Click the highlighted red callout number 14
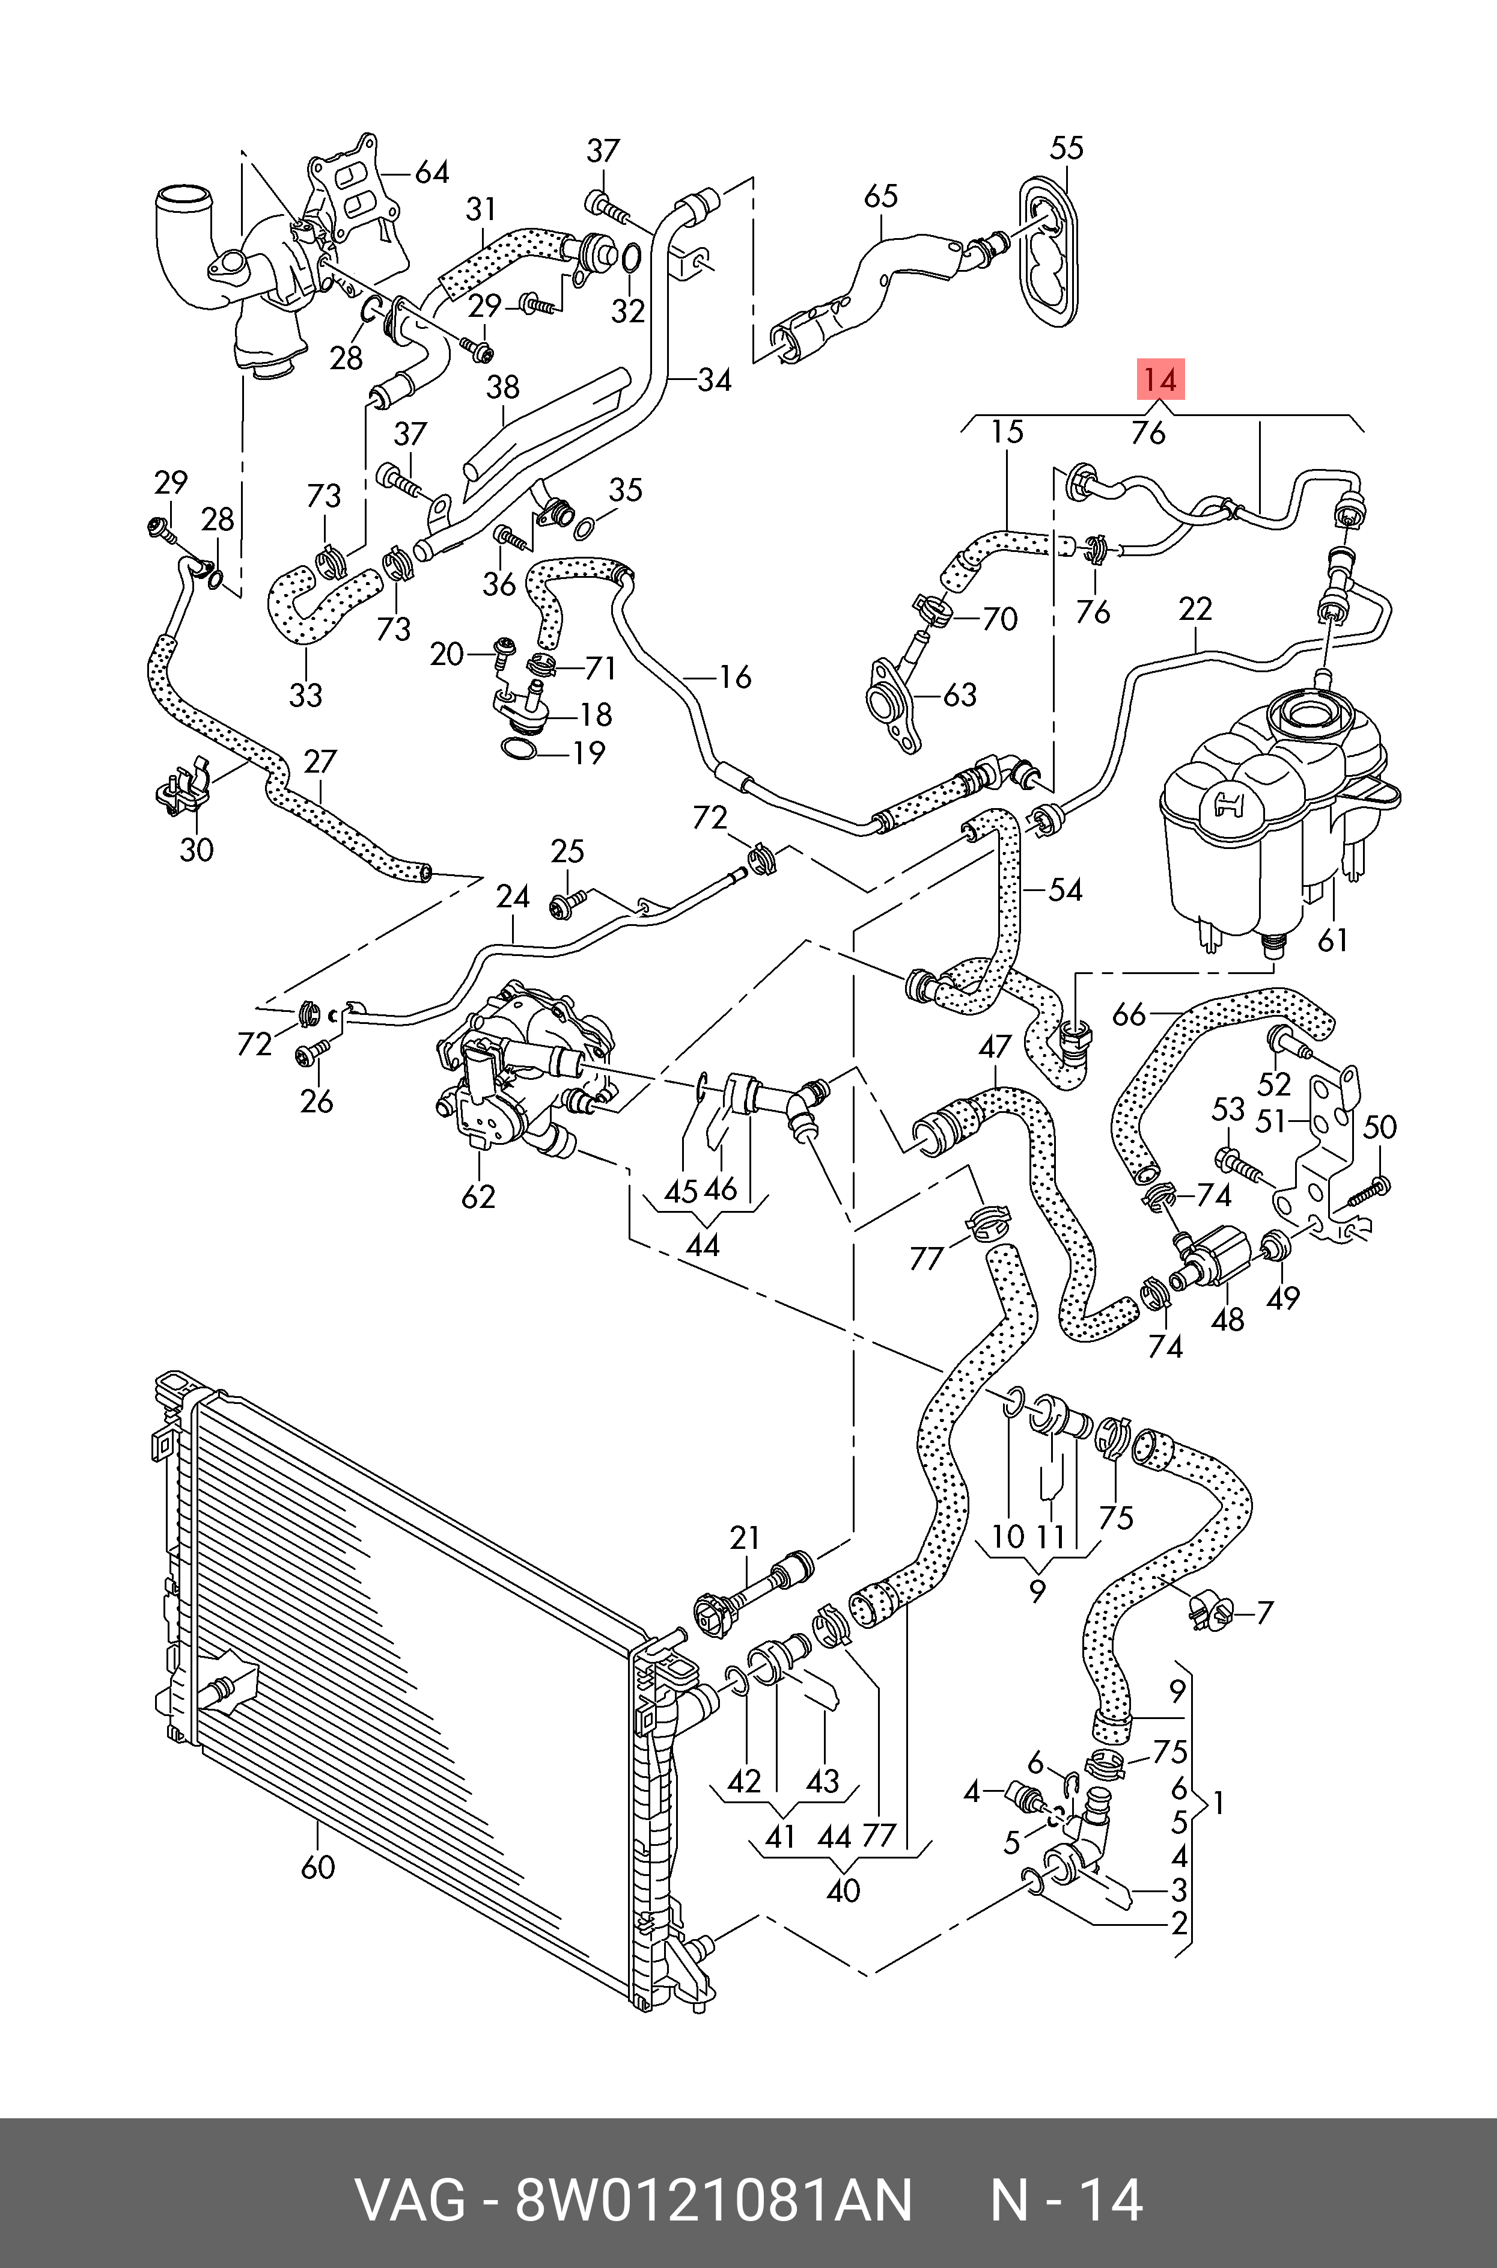[1160, 380]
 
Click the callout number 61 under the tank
[1333, 940]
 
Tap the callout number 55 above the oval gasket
[1067, 148]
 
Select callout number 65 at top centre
[880, 196]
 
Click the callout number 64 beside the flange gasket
[431, 172]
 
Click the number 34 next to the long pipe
[714, 380]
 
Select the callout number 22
[1195, 608]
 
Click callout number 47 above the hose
[995, 1047]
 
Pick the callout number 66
[1129, 1014]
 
